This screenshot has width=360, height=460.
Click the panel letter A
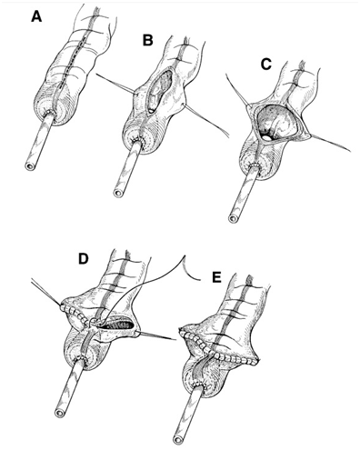click(36, 16)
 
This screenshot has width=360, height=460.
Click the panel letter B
click(147, 40)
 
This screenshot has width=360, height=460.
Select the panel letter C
click(265, 65)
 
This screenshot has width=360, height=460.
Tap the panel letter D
click(83, 259)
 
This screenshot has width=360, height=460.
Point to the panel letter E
click(216, 278)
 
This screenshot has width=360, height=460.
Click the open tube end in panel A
click(29, 165)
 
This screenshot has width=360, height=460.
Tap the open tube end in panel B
click(118, 193)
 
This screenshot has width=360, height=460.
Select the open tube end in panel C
click(233, 218)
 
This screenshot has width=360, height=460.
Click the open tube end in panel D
click(59, 412)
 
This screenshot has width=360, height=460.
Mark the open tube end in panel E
click(178, 439)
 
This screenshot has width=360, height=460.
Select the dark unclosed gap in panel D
click(117, 325)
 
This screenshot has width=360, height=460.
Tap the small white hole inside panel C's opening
click(266, 138)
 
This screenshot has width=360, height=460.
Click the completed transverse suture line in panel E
click(219, 346)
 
